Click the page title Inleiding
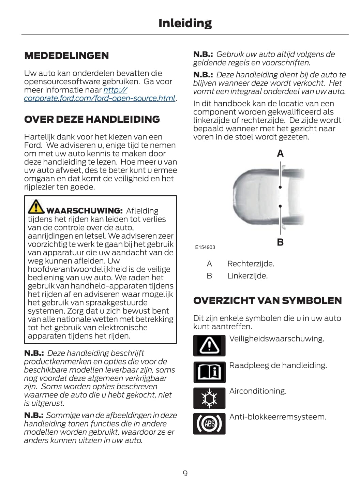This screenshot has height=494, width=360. click(185, 23)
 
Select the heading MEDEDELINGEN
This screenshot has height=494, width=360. click(66, 56)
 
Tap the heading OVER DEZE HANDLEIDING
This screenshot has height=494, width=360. click(92, 119)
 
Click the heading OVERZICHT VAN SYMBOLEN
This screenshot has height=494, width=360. click(267, 300)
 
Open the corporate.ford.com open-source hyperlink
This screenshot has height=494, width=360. click(99, 98)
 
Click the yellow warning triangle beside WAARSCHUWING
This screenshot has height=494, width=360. click(36, 207)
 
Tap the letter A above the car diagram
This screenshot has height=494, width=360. click(280, 153)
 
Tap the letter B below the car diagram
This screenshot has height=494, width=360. click(280, 242)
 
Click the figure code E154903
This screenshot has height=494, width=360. click(205, 247)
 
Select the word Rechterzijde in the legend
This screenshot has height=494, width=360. click(251, 264)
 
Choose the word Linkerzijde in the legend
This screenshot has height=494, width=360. click(247, 276)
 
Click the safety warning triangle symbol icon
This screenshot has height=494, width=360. click(209, 345)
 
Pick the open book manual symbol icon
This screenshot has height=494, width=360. click(209, 372)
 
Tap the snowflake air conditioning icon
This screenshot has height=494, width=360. click(209, 398)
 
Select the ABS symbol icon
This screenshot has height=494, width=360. click(209, 423)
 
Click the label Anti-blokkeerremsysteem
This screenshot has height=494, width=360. click(277, 417)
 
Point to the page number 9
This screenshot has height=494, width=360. click(185, 473)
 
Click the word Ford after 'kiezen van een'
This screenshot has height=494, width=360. click(33, 145)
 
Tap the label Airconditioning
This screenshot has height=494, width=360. click(257, 391)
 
